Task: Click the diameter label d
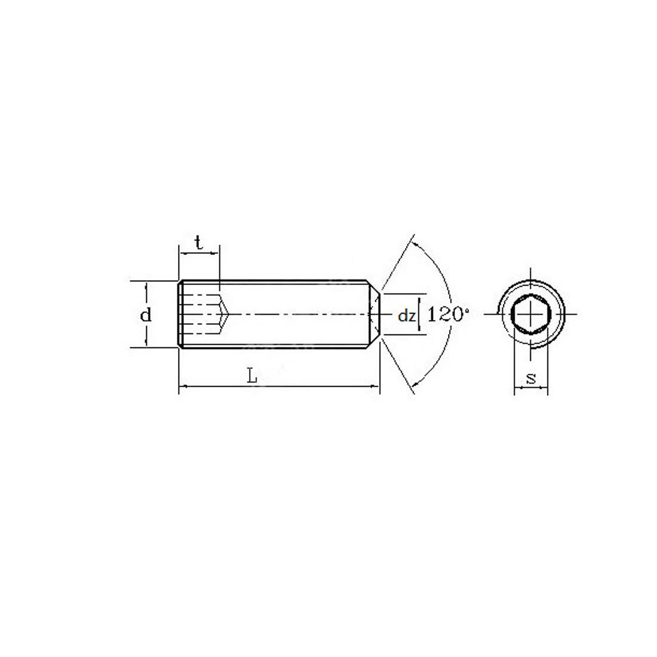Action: [145, 314]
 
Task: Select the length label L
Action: [251, 376]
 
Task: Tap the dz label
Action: [406, 315]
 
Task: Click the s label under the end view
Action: [532, 378]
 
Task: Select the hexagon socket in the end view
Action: [530, 314]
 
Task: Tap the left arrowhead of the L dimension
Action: [183, 386]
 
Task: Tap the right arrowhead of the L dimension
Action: [376, 386]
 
